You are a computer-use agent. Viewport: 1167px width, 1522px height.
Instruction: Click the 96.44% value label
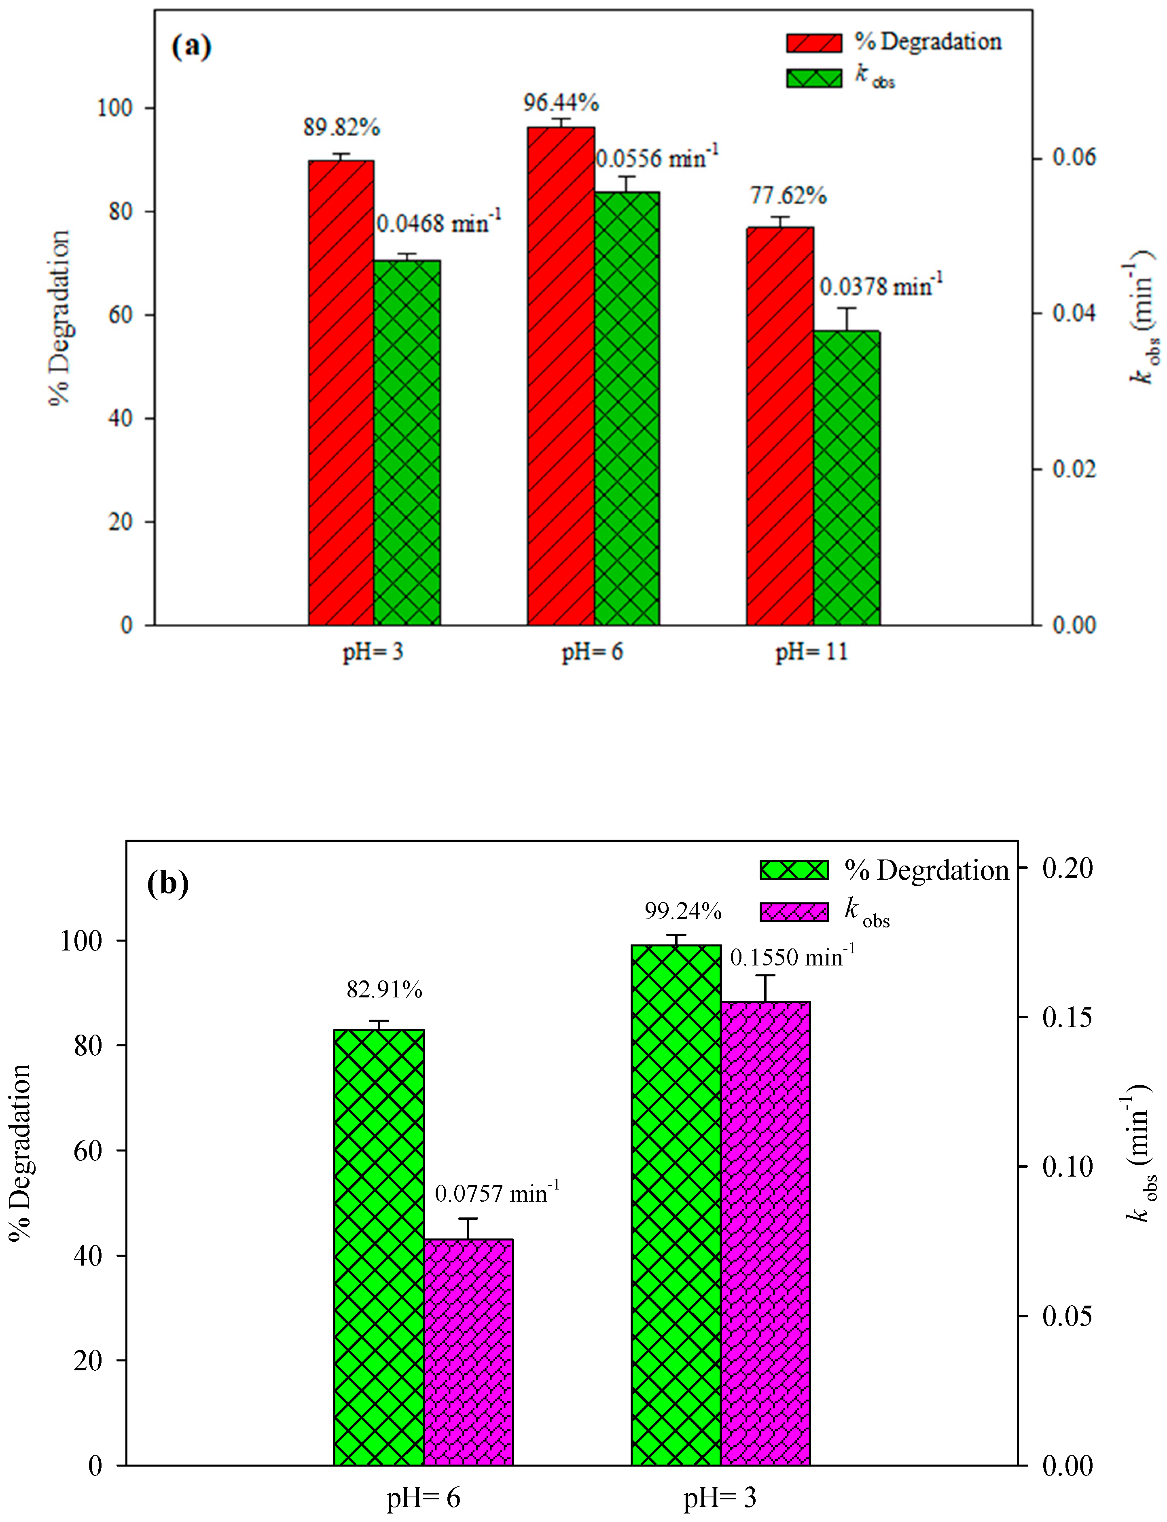(x=561, y=103)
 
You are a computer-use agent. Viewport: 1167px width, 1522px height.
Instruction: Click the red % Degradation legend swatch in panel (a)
(x=813, y=43)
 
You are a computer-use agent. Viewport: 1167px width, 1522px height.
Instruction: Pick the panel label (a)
(x=191, y=47)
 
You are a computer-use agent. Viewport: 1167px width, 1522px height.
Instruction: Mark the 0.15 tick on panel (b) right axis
(x=1067, y=1017)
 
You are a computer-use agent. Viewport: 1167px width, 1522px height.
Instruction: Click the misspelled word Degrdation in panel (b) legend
(x=942, y=870)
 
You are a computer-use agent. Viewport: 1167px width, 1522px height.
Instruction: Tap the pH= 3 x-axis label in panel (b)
(x=720, y=1499)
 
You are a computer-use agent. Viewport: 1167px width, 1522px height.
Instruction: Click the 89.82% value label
(x=341, y=128)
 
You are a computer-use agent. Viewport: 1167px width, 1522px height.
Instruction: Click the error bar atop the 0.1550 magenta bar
(x=765, y=988)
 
